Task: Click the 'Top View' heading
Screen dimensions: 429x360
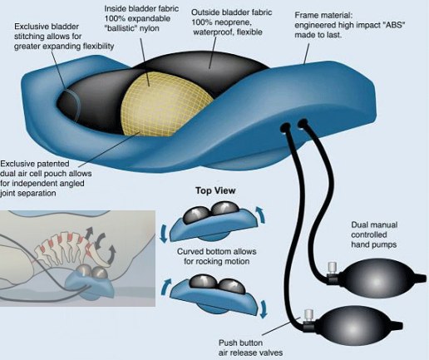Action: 215,190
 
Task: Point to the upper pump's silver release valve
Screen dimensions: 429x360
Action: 331,269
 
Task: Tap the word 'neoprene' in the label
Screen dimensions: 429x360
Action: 234,22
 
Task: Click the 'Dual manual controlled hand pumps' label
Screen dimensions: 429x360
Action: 374,234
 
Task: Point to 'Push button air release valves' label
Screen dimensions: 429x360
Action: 250,348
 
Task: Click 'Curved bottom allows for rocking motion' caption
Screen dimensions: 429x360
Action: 216,256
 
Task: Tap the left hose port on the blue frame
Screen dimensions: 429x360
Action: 285,128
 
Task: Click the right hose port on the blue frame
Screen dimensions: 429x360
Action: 303,123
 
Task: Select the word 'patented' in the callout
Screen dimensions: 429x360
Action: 52,164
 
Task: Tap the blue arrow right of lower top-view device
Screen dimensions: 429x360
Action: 264,308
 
